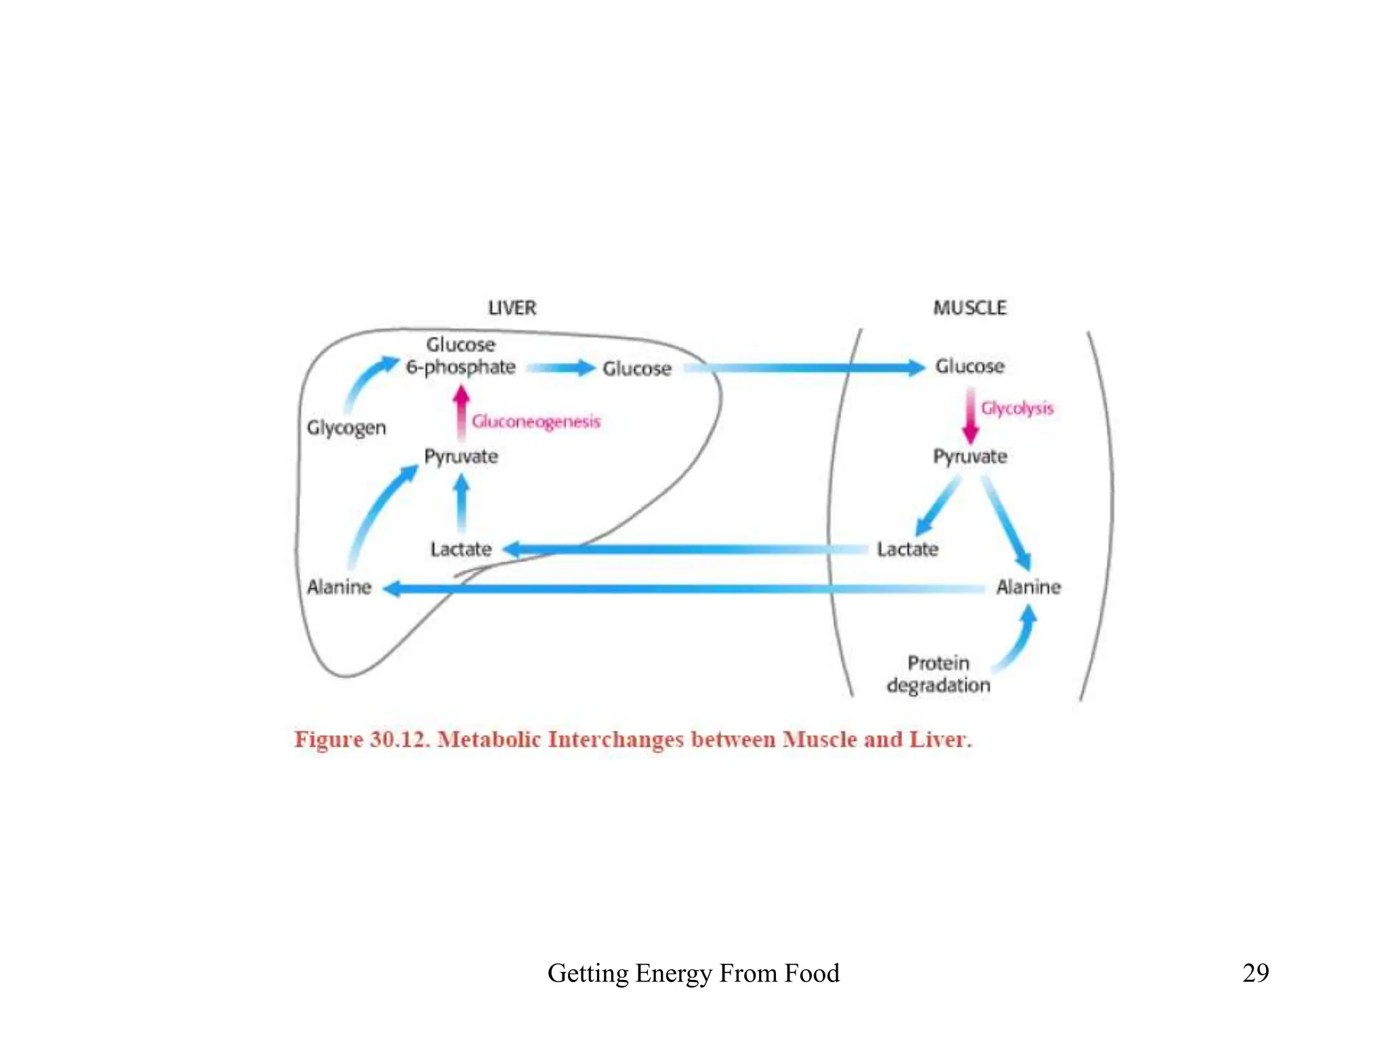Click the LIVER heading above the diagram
(512, 308)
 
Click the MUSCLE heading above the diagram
(970, 308)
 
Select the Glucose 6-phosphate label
(461, 356)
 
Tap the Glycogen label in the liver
(346, 428)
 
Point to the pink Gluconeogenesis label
(536, 422)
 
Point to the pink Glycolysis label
(1017, 408)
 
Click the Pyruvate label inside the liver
(461, 456)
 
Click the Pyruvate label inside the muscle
(970, 456)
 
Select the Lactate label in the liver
(461, 549)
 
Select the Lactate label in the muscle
(907, 549)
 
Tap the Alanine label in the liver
(340, 587)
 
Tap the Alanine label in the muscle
(1028, 587)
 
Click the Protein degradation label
(939, 674)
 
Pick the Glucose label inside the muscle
(970, 367)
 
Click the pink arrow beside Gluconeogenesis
(462, 413)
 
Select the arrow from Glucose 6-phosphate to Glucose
(560, 368)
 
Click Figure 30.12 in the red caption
(362, 739)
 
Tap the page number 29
(1255, 973)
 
